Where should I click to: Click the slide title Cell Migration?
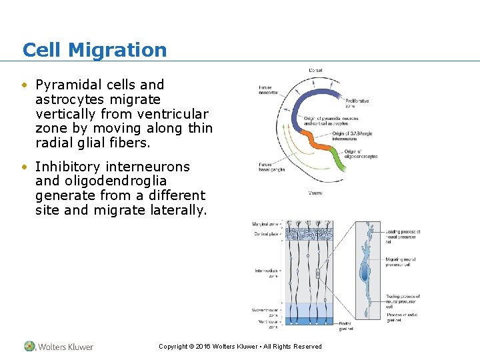point(95,50)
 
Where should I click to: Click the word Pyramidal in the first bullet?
point(65,85)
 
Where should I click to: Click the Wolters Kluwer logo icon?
point(30,346)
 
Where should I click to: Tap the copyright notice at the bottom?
point(240,347)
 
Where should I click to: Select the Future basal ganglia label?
point(271,167)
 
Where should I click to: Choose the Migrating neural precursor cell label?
point(402,261)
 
